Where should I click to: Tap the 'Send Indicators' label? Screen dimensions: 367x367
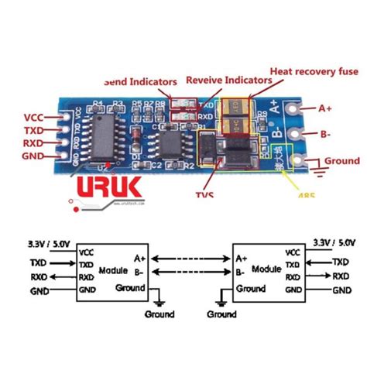click(141, 81)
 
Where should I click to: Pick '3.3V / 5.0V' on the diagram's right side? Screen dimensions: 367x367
click(329, 242)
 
